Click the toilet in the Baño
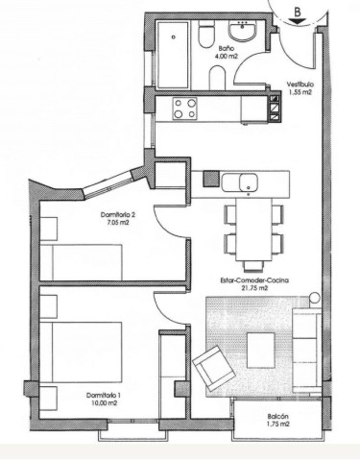click(x=206, y=36)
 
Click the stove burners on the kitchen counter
click(x=183, y=109)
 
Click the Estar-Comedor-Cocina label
click(x=255, y=280)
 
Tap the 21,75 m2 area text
click(x=255, y=290)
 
